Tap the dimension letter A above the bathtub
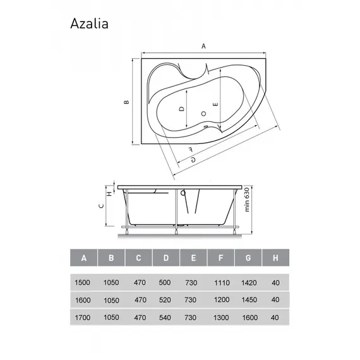click(x=203, y=46)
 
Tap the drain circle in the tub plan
click(x=203, y=113)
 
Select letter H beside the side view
click(x=109, y=194)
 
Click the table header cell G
click(x=248, y=258)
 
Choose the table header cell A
click(x=84, y=258)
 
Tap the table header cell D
click(x=165, y=258)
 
